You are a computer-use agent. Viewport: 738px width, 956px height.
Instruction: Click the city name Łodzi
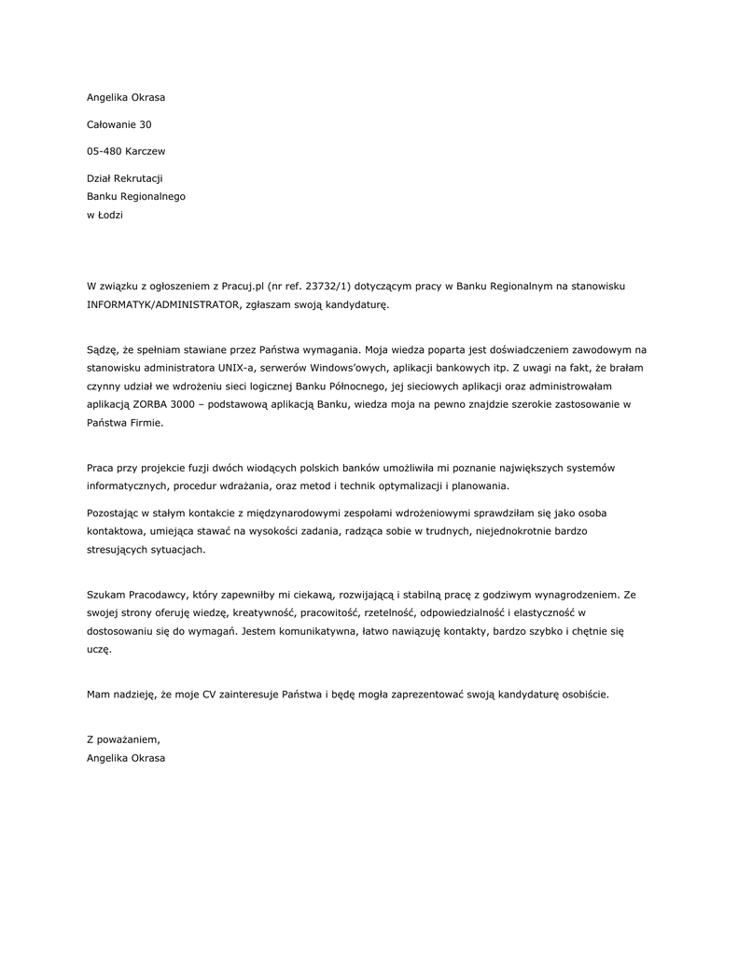111,215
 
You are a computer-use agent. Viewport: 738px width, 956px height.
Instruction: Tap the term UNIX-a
237,368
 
